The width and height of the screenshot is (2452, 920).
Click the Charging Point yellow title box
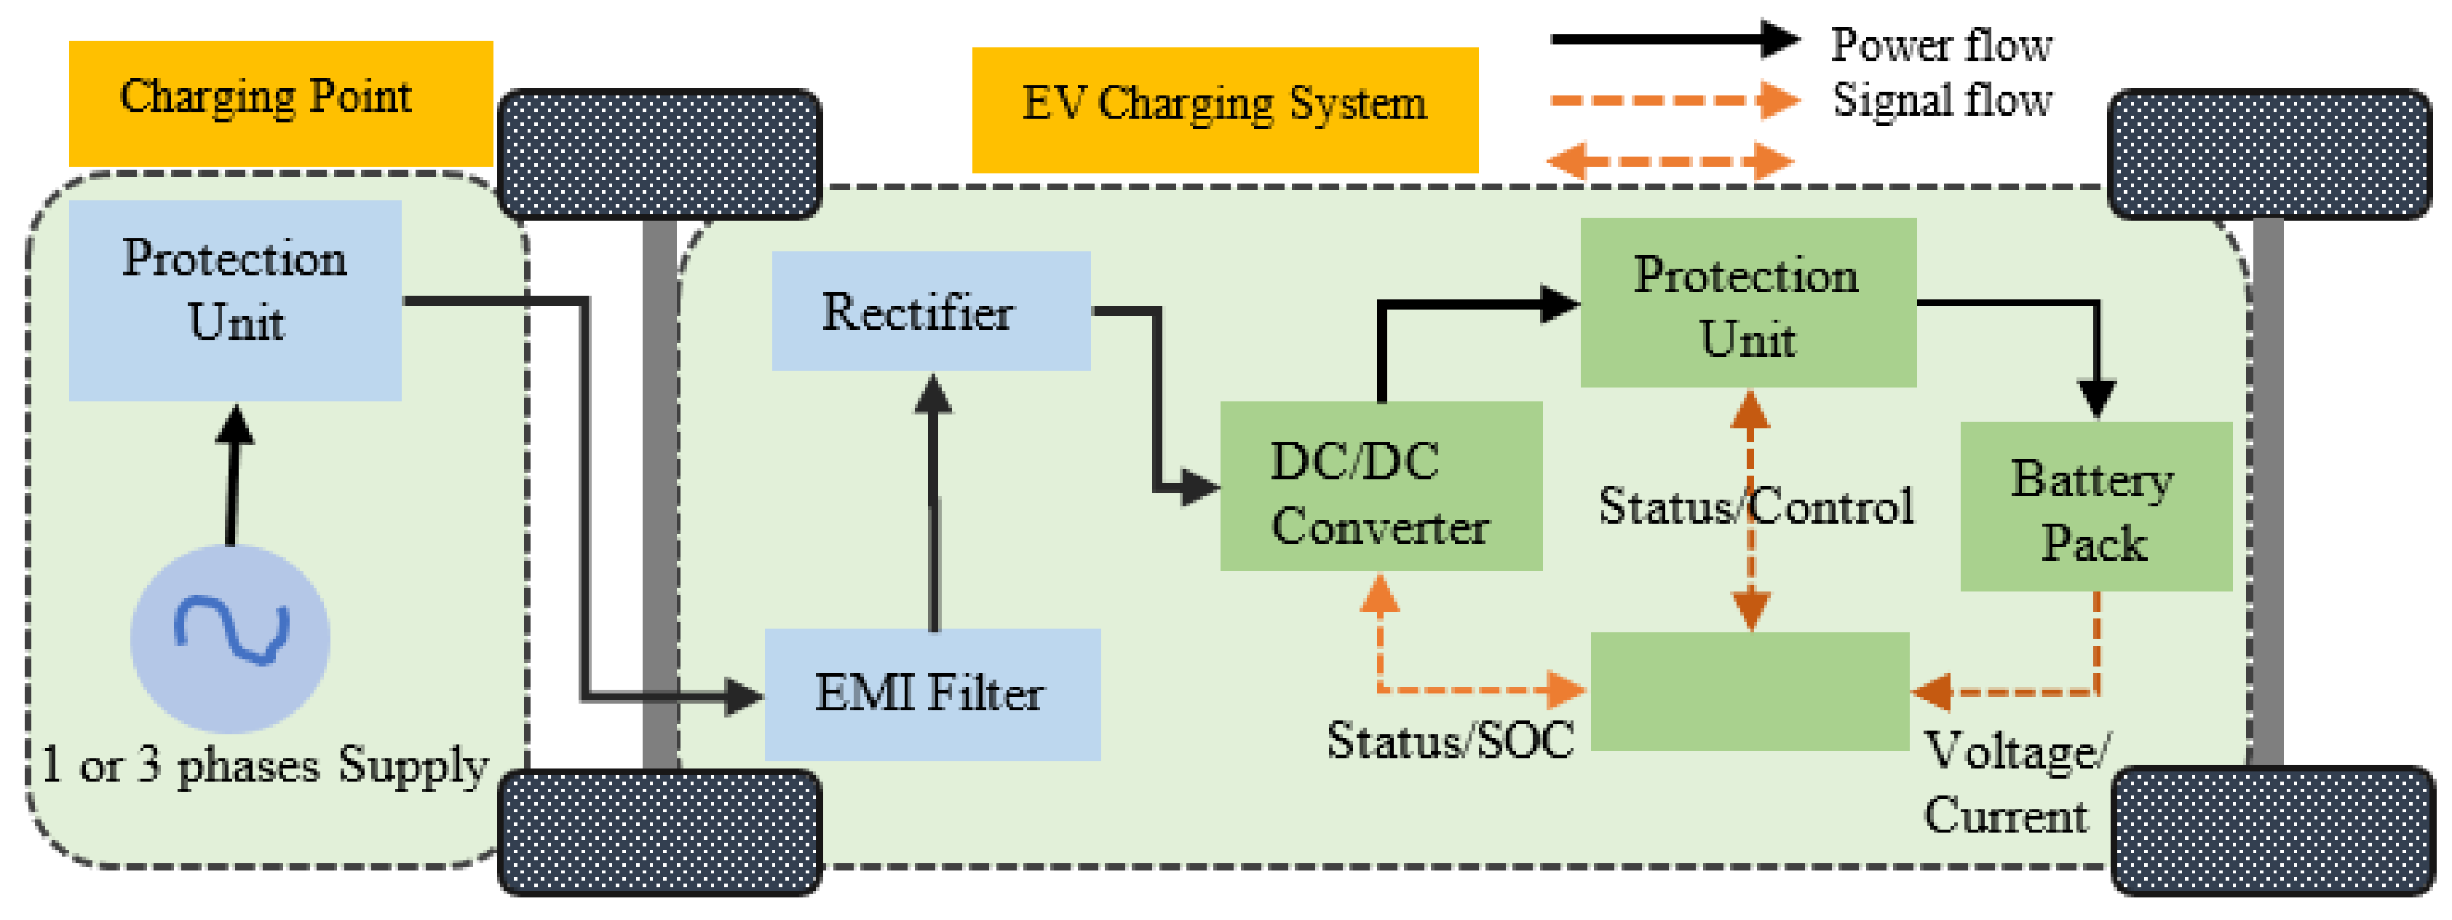(281, 103)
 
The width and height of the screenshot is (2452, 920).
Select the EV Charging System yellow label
(1224, 109)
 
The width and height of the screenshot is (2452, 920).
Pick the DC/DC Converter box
(1380, 487)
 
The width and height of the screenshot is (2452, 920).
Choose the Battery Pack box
(2095, 508)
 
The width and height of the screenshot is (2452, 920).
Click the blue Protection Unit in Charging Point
(234, 300)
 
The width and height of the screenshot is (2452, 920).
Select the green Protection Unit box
(1747, 303)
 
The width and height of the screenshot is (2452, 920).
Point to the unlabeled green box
(1750, 691)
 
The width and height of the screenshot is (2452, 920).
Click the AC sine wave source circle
(230, 639)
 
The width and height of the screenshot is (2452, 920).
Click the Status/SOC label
(1450, 741)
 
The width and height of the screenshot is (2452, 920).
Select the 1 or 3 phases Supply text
(266, 766)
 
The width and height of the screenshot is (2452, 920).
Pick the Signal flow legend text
(1941, 100)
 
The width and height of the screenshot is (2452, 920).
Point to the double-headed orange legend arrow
(1670, 161)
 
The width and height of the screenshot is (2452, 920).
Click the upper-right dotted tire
(2269, 154)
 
